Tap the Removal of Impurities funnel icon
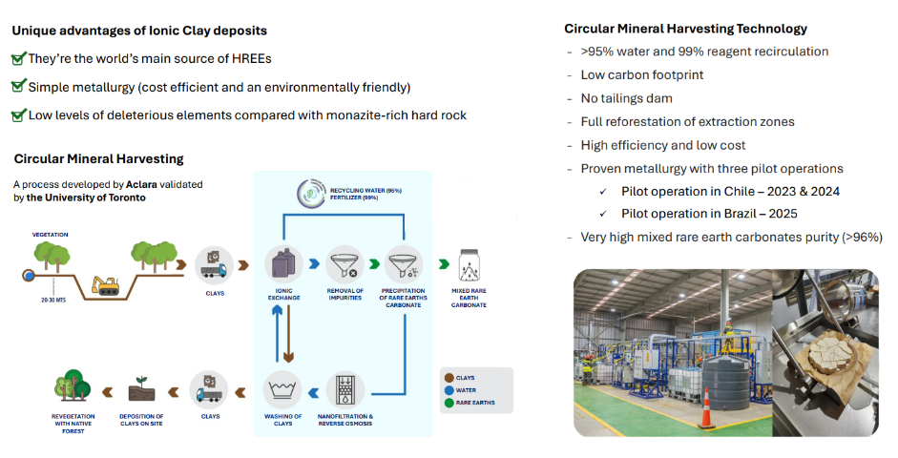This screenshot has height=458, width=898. (x=344, y=264)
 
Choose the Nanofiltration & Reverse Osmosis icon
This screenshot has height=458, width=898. (x=344, y=387)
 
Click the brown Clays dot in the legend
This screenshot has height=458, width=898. (x=449, y=377)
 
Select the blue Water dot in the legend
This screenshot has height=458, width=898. (x=449, y=389)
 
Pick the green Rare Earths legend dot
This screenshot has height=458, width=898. (x=449, y=402)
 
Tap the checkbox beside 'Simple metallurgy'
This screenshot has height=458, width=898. (x=18, y=87)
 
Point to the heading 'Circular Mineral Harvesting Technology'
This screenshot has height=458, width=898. (x=685, y=29)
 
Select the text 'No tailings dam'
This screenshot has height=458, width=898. (x=626, y=98)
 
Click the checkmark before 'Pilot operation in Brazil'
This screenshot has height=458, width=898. (x=602, y=214)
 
